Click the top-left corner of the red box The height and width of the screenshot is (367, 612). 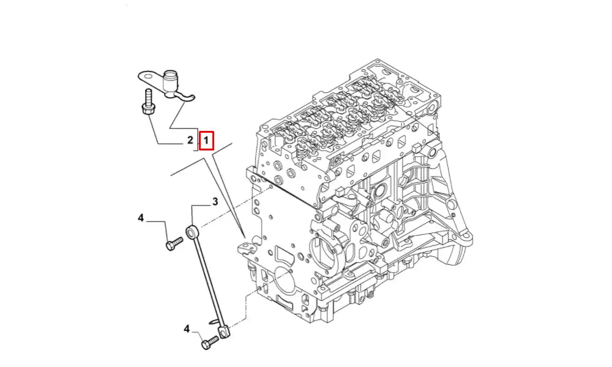(x=200, y=131)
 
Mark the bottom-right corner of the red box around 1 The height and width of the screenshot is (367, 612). (x=214, y=149)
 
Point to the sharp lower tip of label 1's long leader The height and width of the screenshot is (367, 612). (x=245, y=237)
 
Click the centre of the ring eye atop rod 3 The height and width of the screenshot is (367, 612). (x=191, y=233)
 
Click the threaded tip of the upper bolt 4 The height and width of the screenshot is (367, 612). (x=181, y=239)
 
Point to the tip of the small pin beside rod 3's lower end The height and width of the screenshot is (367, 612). (x=211, y=322)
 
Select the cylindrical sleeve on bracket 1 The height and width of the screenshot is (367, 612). (x=170, y=83)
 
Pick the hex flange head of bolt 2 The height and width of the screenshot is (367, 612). (x=146, y=110)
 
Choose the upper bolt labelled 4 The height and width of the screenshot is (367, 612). (x=174, y=243)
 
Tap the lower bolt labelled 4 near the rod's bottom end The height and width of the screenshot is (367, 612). (x=209, y=343)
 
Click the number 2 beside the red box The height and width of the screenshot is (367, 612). (x=190, y=140)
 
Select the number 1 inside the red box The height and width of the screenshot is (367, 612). (x=206, y=141)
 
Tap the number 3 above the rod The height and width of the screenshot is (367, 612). (x=215, y=202)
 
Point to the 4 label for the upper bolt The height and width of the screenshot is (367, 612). (x=141, y=218)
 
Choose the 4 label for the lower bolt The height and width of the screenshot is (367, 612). (x=187, y=329)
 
